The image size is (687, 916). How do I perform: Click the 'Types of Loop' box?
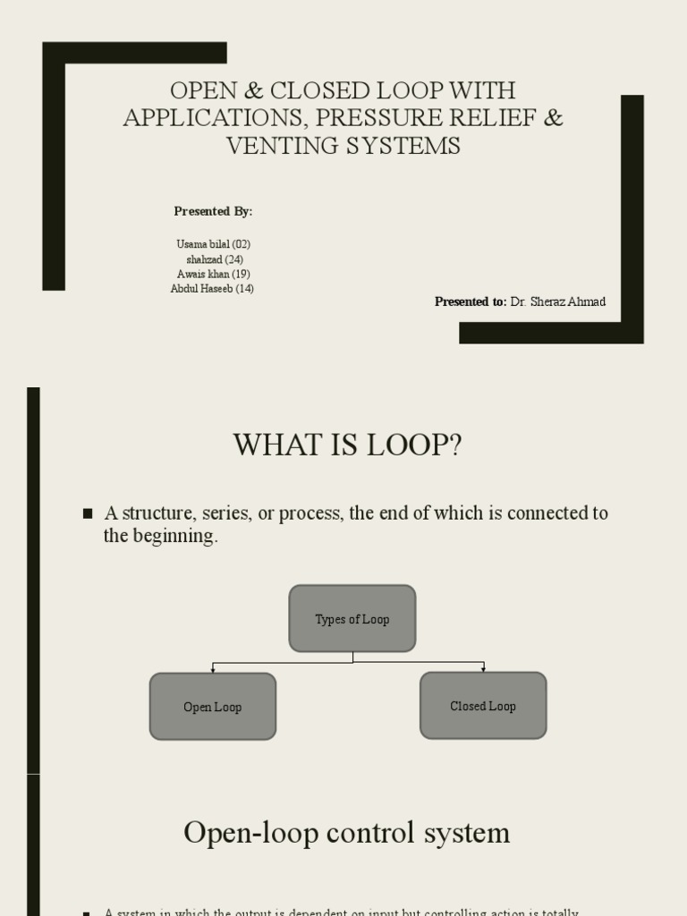coord(352,619)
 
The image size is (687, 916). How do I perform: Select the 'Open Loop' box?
coord(212,707)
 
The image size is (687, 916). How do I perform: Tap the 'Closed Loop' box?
coord(483,706)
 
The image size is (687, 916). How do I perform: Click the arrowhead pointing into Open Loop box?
coord(212,669)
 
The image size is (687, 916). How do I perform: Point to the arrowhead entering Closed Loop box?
coord(483,668)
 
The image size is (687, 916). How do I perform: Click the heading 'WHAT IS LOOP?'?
coord(347,445)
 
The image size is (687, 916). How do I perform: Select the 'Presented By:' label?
coord(213,211)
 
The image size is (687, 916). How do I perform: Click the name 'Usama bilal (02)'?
coord(213,244)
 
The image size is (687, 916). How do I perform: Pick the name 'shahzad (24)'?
coord(215,259)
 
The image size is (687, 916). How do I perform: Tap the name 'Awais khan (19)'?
coord(213,274)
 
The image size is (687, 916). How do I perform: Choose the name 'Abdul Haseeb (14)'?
coord(212,288)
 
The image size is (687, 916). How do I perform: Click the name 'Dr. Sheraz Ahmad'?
coord(558,301)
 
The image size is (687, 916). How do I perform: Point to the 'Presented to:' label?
coord(471,301)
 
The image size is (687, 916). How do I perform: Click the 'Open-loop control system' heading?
coord(347,833)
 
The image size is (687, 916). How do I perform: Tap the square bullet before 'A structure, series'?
coord(88,513)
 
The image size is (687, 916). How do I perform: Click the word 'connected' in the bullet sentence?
coord(545,513)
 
